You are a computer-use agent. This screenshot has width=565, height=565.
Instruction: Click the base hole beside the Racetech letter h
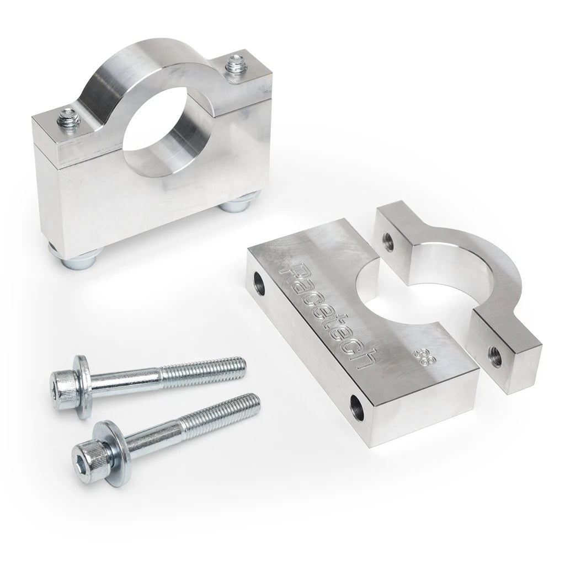(357, 408)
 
